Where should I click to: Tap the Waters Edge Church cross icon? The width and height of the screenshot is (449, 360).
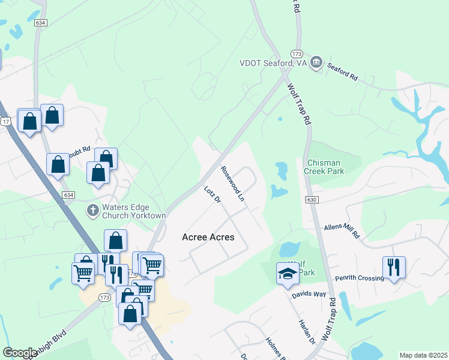92,210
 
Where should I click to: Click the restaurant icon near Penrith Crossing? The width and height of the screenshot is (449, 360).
394,267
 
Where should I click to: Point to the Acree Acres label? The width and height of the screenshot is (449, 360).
208,238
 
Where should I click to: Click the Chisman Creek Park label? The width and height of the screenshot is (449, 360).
333,167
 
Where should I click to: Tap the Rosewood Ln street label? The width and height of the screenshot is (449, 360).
233,183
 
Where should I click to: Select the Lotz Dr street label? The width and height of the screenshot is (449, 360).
213,196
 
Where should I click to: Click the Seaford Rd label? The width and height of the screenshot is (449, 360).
342,73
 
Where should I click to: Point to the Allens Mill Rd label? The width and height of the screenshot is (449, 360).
341,232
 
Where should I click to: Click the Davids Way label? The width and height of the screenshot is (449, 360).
309,295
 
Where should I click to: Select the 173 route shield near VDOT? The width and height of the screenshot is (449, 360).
296,53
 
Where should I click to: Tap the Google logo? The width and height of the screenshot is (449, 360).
20,353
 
